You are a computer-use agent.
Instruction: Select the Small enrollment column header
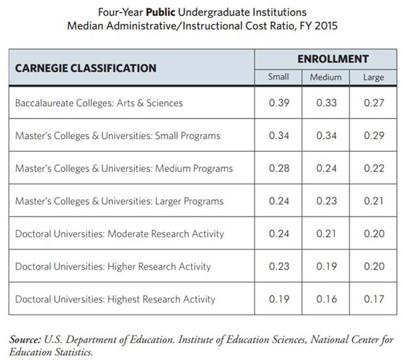279,77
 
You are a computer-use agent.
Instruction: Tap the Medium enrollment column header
326,77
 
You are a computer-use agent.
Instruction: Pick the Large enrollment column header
373,77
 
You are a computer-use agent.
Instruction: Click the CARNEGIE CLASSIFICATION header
86,68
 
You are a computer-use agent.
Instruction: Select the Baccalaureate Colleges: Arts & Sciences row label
99,103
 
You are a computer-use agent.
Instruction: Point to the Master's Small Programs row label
117,135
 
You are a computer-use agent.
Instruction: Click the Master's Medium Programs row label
124,168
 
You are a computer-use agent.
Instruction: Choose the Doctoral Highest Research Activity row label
115,299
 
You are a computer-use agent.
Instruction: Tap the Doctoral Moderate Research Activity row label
119,234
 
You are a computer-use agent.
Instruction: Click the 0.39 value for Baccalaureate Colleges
279,103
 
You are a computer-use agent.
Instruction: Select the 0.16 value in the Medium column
326,299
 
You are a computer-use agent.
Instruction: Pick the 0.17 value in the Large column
374,299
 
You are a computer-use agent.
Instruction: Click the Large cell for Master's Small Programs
374,135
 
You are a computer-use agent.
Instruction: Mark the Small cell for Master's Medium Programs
279,168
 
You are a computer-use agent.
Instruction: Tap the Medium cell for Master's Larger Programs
326,201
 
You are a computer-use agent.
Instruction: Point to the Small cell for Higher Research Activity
279,267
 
